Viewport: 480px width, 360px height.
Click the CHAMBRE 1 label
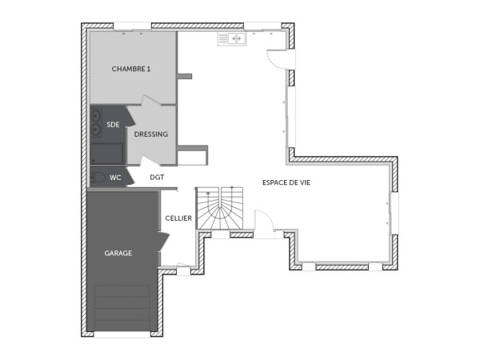point(131,69)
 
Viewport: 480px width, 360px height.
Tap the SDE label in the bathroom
point(113,124)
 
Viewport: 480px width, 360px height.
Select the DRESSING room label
point(150,134)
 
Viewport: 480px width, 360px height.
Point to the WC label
point(115,178)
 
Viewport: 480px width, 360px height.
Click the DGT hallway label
point(157,178)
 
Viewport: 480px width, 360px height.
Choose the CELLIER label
point(178,218)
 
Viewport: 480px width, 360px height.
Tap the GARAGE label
point(118,253)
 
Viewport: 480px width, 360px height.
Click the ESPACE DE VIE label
point(286,182)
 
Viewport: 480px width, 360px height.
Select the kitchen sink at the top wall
point(230,38)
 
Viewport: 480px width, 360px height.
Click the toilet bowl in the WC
point(97,178)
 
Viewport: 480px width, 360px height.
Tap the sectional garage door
point(122,307)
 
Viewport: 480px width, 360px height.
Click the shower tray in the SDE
point(106,153)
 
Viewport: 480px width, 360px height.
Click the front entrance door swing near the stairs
point(264,222)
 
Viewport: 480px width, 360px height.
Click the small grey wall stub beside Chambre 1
point(186,77)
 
